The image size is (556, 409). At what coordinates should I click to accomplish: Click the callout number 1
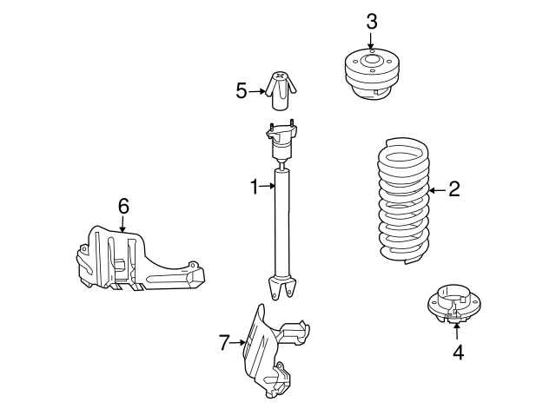pos(255,186)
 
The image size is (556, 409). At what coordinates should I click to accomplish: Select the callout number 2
pos(453,190)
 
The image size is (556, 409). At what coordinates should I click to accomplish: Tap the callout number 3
pos(371,22)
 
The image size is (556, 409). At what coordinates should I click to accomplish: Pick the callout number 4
pos(457,353)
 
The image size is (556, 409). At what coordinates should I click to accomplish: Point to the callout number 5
pos(242,89)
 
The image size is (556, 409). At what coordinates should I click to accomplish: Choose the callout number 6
pos(122,206)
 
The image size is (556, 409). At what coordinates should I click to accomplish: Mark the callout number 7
pos(223,343)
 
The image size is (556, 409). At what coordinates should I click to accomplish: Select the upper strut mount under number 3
pos(371,73)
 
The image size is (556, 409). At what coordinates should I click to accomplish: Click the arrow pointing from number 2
pos(436,190)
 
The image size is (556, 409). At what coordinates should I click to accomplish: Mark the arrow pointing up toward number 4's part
pos(457,333)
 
